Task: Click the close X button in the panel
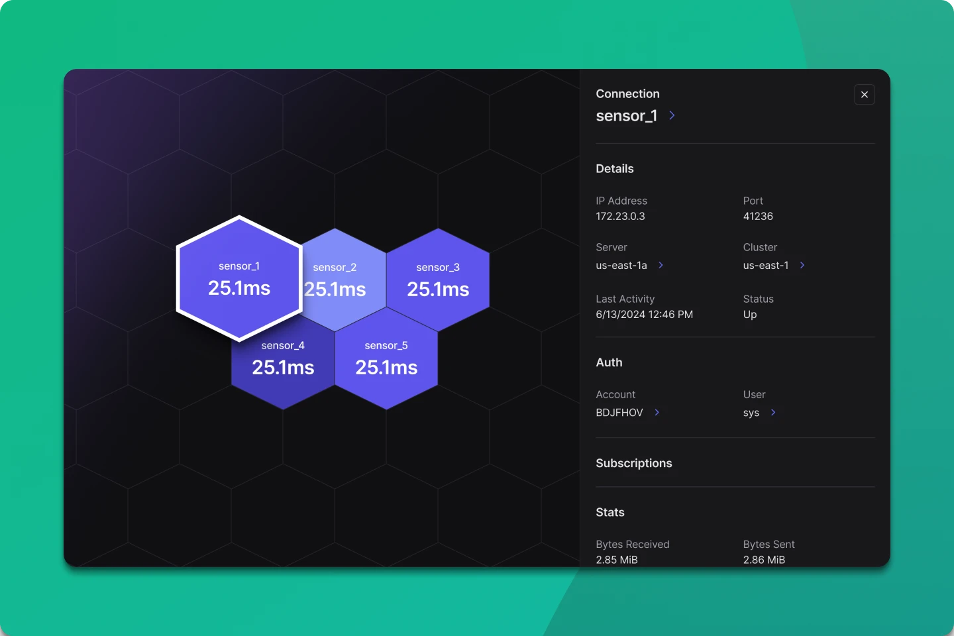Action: (x=864, y=95)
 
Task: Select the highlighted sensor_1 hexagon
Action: (x=239, y=279)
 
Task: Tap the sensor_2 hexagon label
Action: (x=335, y=268)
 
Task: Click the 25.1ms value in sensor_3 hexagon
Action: (x=439, y=290)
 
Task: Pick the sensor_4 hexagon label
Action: (x=283, y=345)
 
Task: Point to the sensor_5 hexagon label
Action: (x=386, y=345)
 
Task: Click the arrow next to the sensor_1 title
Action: (x=672, y=115)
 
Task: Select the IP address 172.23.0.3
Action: (x=620, y=217)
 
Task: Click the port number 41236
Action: (x=758, y=217)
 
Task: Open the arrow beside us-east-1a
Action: (x=661, y=266)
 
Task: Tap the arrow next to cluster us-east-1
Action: (x=802, y=266)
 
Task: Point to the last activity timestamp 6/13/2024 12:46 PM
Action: (x=645, y=315)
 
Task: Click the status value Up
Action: (x=750, y=315)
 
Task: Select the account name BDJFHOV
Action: (x=619, y=413)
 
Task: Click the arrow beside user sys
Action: (x=773, y=412)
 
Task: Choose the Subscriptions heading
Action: (x=634, y=463)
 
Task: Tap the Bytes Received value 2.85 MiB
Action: (x=617, y=560)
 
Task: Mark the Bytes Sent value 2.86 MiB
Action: (x=764, y=560)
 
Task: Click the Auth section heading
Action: (x=609, y=362)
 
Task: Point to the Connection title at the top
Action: (x=628, y=93)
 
